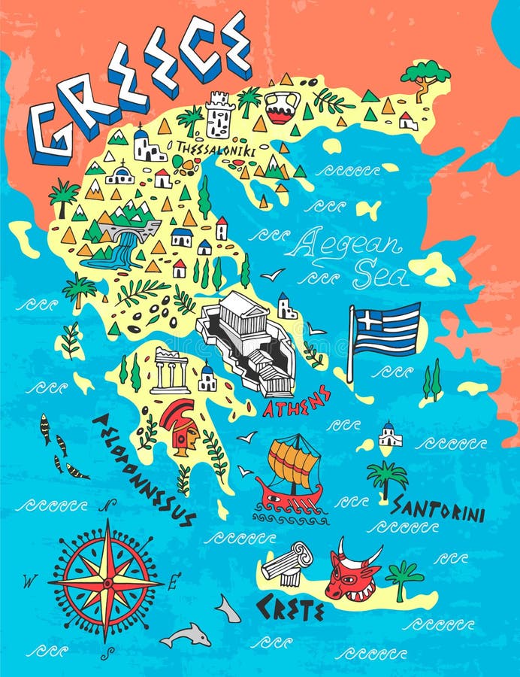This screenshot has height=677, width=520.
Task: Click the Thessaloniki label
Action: tap(215, 151)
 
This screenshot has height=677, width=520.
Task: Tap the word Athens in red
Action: tap(297, 402)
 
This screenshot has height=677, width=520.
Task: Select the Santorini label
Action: tap(437, 509)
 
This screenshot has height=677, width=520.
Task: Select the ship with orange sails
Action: tap(292, 474)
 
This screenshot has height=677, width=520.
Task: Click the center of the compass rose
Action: tap(106, 581)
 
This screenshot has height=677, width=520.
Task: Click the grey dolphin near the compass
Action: tap(185, 636)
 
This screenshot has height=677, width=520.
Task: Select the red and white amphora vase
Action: tap(282, 107)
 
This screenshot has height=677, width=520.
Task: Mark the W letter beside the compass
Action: tap(30, 581)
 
